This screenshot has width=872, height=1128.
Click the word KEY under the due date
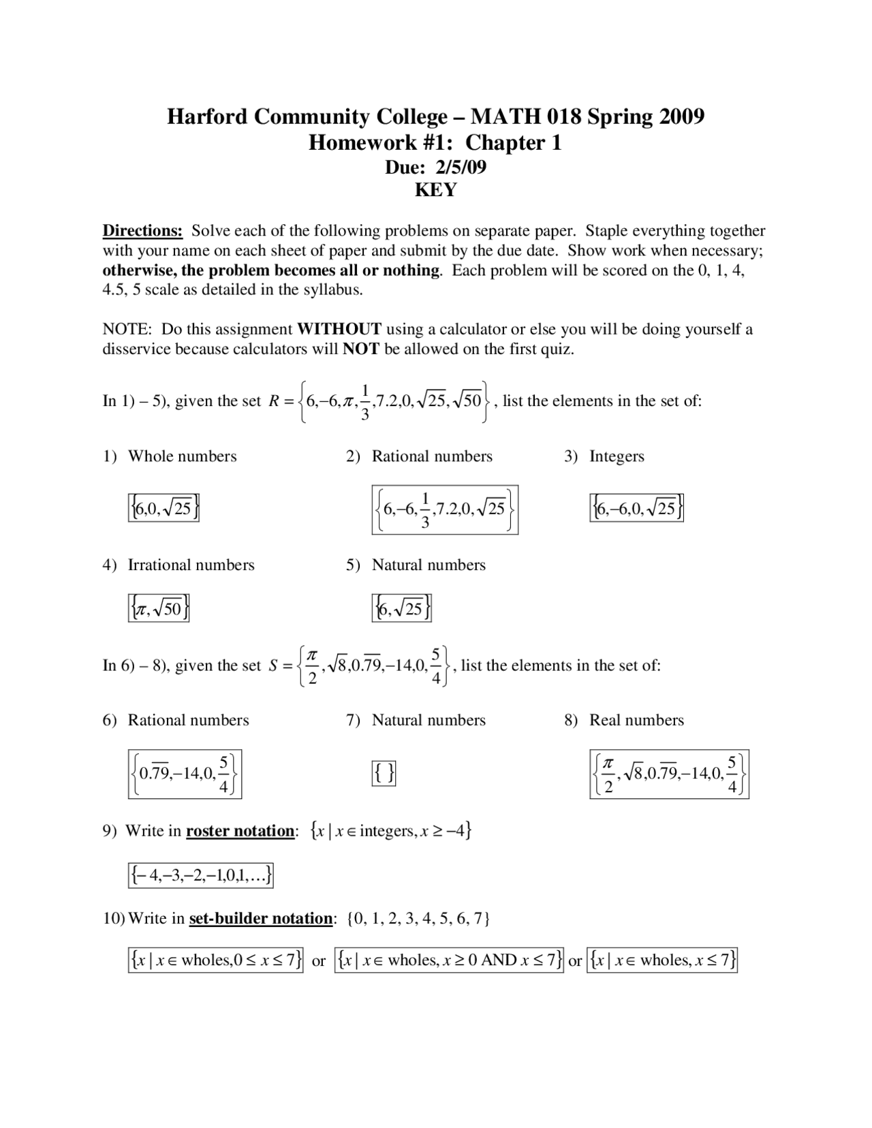click(x=435, y=190)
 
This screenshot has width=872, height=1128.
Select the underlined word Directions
click(x=142, y=231)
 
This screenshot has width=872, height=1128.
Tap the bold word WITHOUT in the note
click(x=339, y=330)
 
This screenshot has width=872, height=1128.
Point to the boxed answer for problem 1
click(x=163, y=508)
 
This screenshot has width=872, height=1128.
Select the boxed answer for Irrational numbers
click(x=158, y=608)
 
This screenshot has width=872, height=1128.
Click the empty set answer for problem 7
click(x=384, y=773)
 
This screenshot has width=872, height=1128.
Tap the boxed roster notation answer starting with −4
click(x=200, y=875)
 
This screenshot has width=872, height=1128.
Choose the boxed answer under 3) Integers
click(x=636, y=508)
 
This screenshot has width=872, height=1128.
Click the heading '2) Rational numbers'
click(x=419, y=456)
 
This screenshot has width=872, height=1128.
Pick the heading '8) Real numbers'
click(x=623, y=721)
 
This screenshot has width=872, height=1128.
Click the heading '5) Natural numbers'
click(x=416, y=565)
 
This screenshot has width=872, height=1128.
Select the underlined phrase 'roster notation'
click(x=240, y=831)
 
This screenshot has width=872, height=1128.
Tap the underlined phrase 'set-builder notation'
click(x=260, y=919)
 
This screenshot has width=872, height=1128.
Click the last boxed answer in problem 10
click(x=662, y=960)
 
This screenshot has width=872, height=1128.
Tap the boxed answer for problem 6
click(x=185, y=774)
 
